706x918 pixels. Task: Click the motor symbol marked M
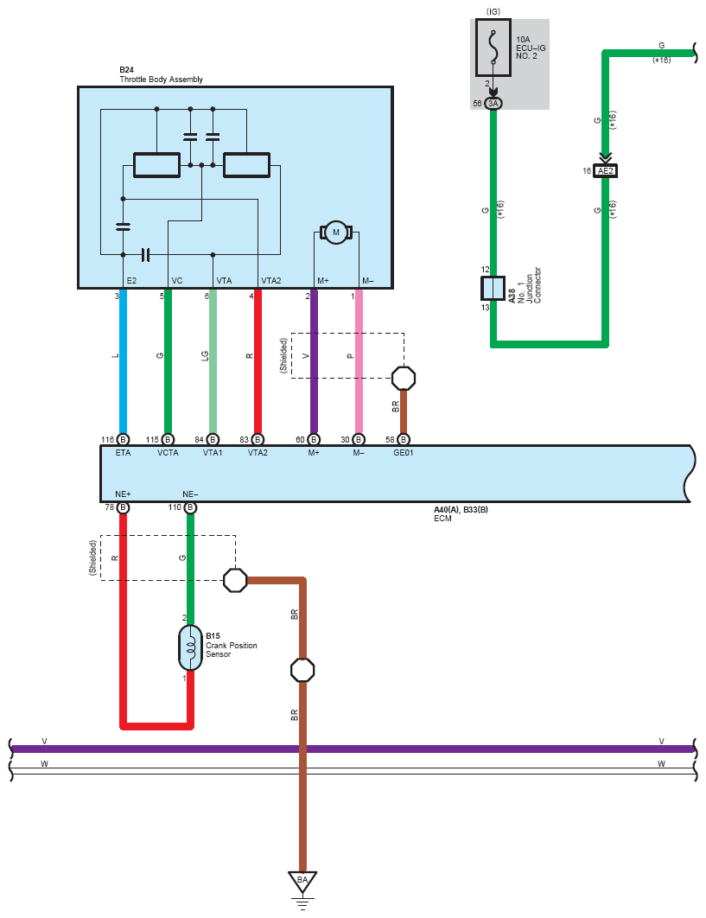point(335,233)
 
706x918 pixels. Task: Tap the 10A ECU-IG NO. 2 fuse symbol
point(493,48)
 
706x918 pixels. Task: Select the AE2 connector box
point(605,171)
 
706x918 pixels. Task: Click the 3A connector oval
point(493,104)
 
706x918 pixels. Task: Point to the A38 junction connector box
point(493,288)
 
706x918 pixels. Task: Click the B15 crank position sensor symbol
point(190,647)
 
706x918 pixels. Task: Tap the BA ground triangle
point(302,881)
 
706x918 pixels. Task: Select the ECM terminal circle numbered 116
point(123,440)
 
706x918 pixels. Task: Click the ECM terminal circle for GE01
point(404,440)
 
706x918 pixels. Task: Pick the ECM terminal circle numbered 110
point(190,507)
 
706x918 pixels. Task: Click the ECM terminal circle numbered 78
point(123,507)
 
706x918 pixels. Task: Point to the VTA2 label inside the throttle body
point(271,280)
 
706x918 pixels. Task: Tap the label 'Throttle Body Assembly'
point(161,79)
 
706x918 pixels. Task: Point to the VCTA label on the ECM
point(168,453)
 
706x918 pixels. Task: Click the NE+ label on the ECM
point(123,494)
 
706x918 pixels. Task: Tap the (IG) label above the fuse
point(493,12)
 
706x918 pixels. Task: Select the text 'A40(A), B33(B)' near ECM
point(461,509)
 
